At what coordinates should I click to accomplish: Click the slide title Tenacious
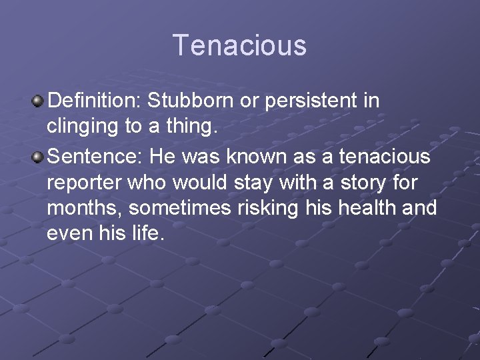coord(240,45)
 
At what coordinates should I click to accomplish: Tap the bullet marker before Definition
coord(38,101)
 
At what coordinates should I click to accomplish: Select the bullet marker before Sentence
coord(38,157)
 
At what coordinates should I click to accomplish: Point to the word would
coord(203,182)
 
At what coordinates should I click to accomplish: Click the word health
coord(370,207)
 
